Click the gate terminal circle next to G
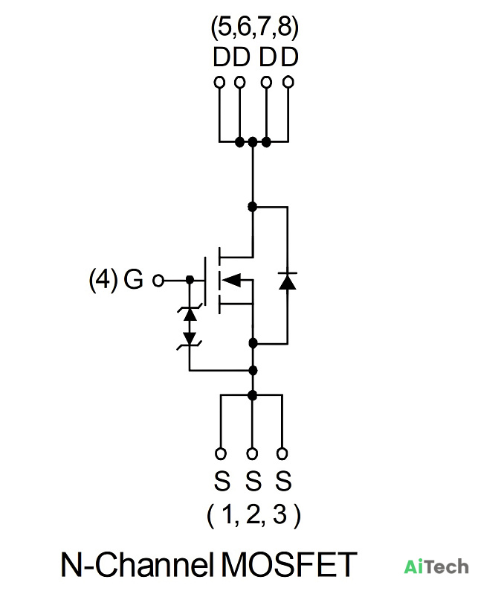(158, 281)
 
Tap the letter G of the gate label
(133, 279)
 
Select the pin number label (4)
(103, 279)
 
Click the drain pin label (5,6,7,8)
(255, 28)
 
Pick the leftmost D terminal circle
(219, 82)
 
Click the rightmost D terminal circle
(288, 82)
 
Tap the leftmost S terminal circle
(221, 453)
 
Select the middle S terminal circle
(252, 453)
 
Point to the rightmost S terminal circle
(282, 453)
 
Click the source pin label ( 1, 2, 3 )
(253, 515)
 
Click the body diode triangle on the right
(288, 281)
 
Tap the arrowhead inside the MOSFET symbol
(231, 280)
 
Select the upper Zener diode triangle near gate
(190, 313)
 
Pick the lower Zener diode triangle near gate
(190, 339)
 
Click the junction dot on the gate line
(190, 280)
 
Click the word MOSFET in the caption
(289, 564)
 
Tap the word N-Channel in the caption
(137, 564)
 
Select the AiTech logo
(436, 566)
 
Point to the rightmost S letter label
(283, 480)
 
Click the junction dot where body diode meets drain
(253, 207)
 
